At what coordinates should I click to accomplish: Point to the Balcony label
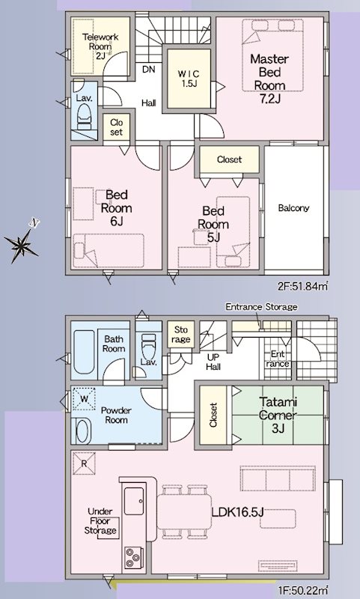pos(293,208)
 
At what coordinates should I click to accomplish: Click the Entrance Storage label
pos(261,307)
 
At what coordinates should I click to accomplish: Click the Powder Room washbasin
pos(82,431)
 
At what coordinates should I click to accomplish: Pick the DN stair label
pos(148,68)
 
